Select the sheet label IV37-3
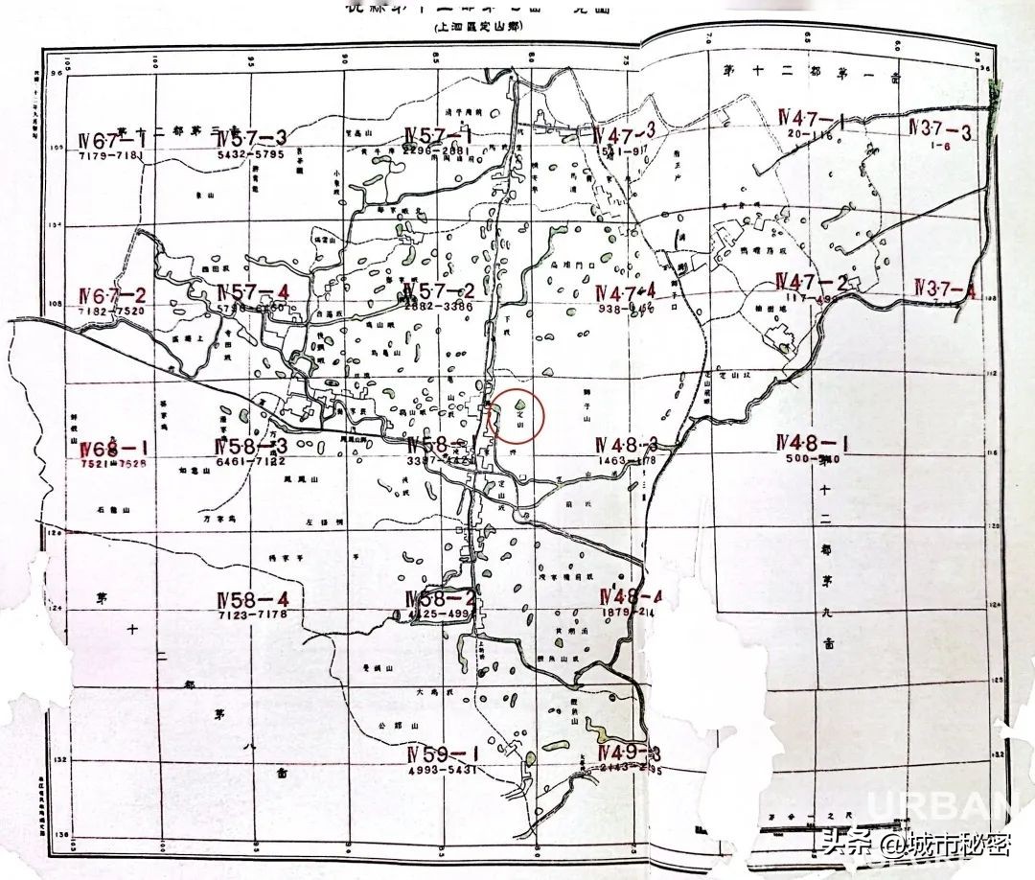940,130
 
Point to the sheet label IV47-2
813,282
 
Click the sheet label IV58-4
253,599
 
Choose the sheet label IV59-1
442,753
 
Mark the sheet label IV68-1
114,449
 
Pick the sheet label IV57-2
440,290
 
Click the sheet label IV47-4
626,292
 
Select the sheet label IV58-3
252,447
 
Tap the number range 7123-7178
253,614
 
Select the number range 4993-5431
442,770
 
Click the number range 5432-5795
252,153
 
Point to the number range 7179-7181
111,155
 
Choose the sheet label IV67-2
113,295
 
